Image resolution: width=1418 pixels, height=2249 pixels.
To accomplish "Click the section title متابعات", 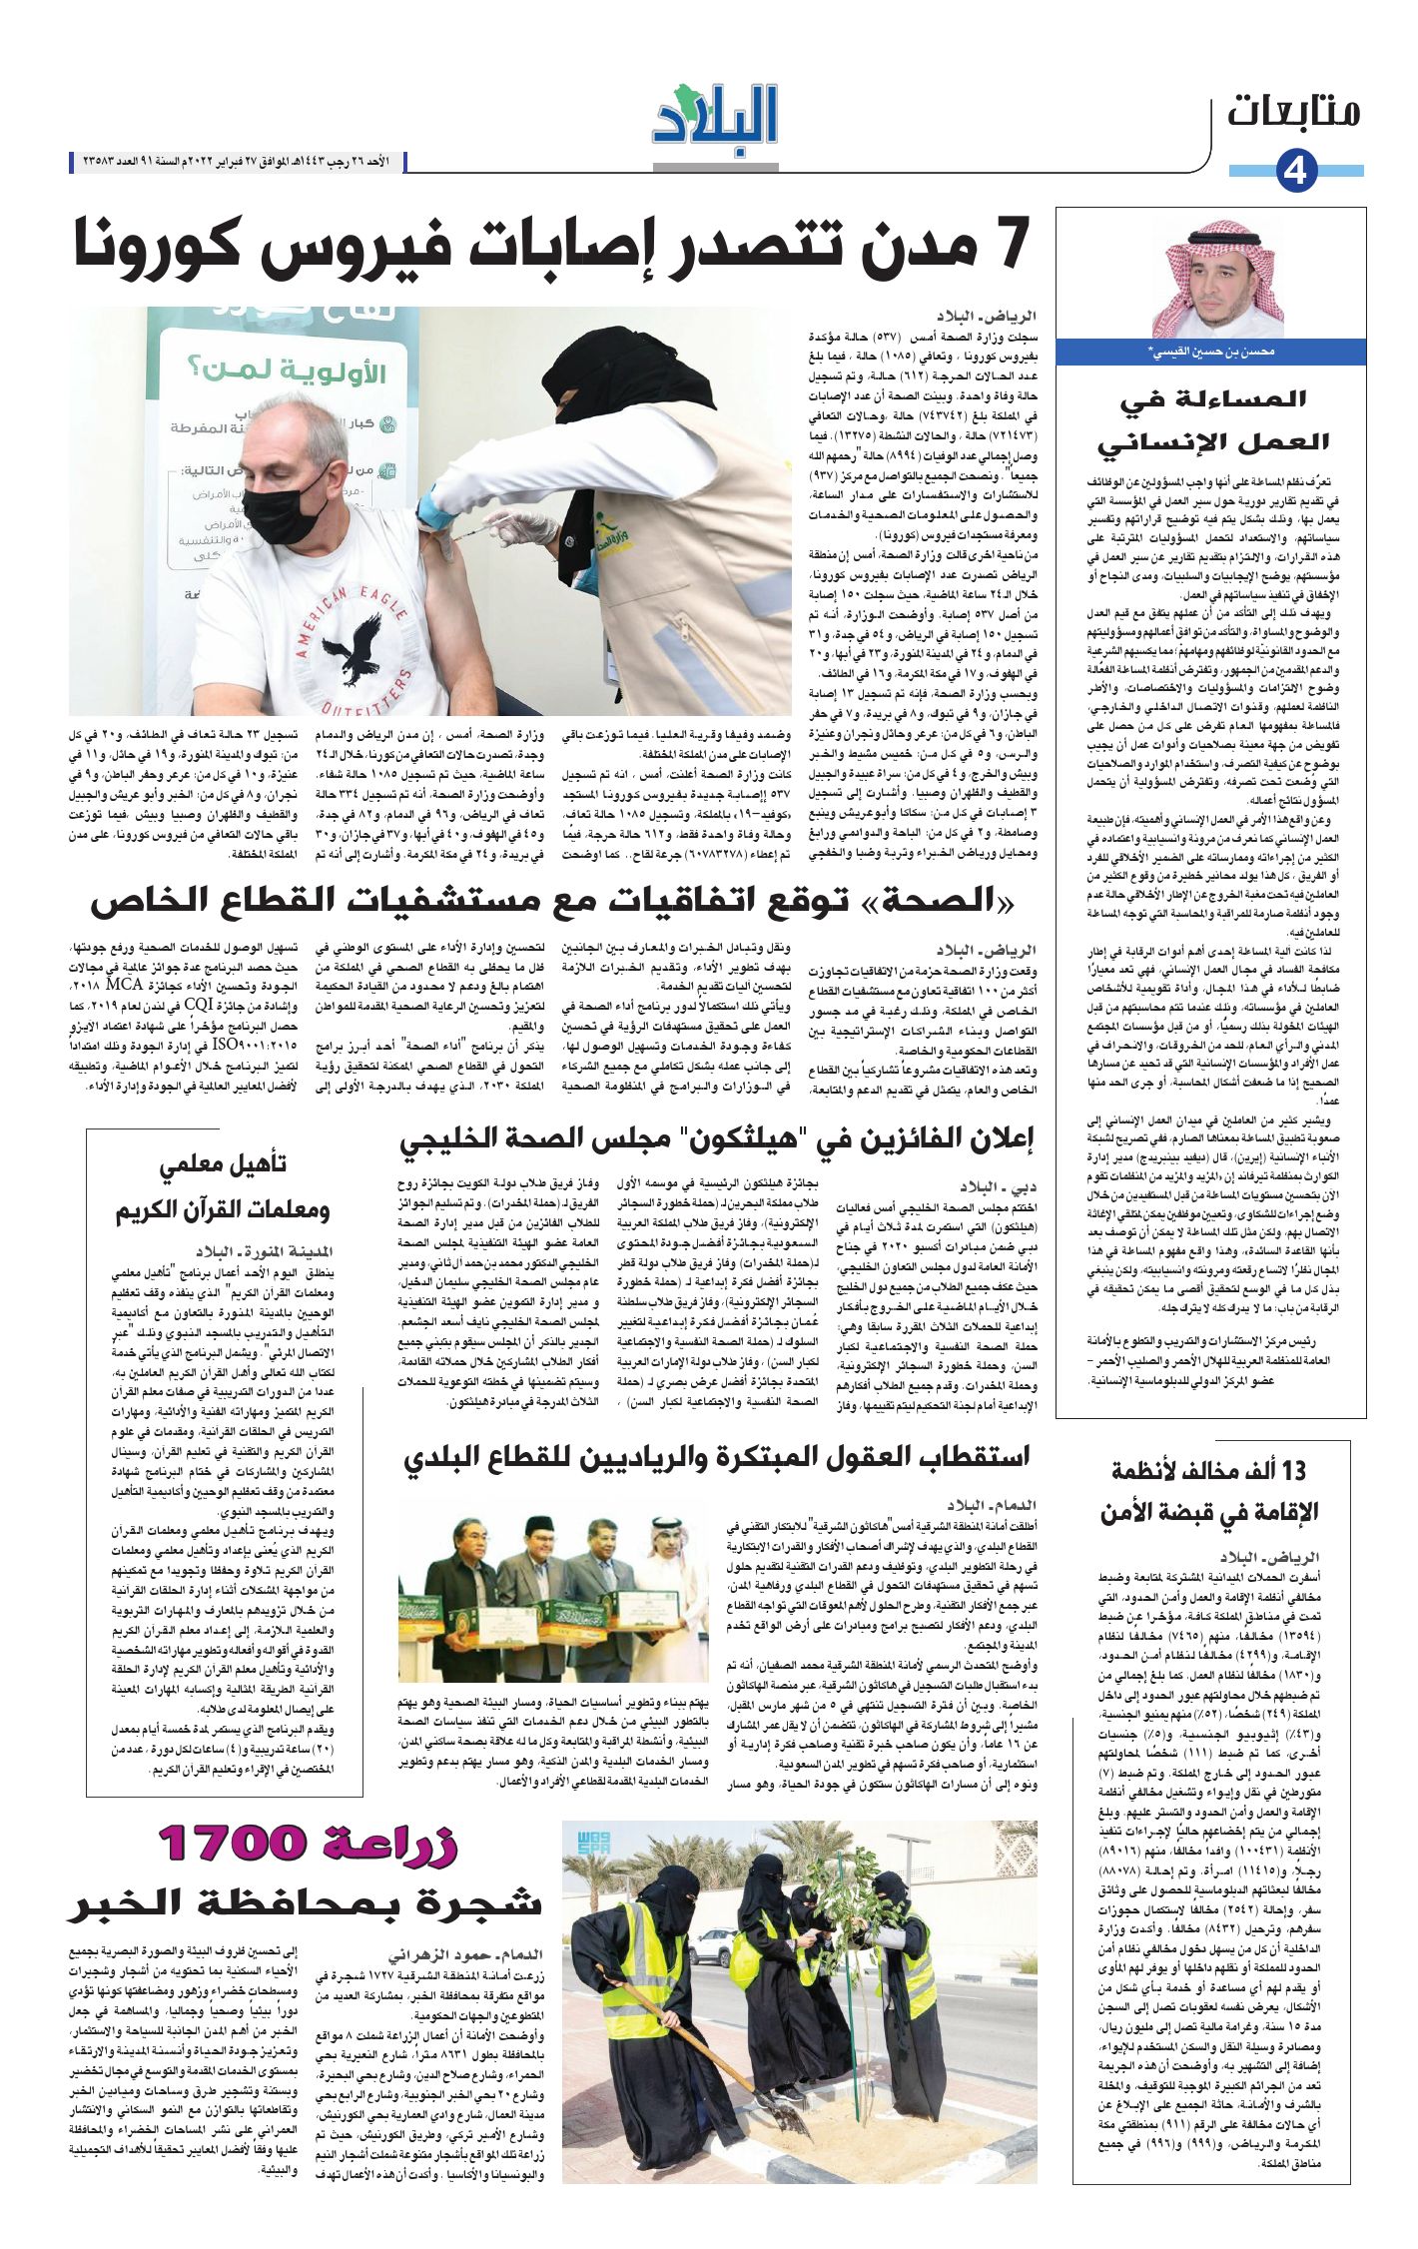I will coord(1293,111).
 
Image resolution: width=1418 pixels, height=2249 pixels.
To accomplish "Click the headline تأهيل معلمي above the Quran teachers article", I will coord(223,1165).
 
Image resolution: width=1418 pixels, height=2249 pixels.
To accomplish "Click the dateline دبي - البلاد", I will coord(999,1187).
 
